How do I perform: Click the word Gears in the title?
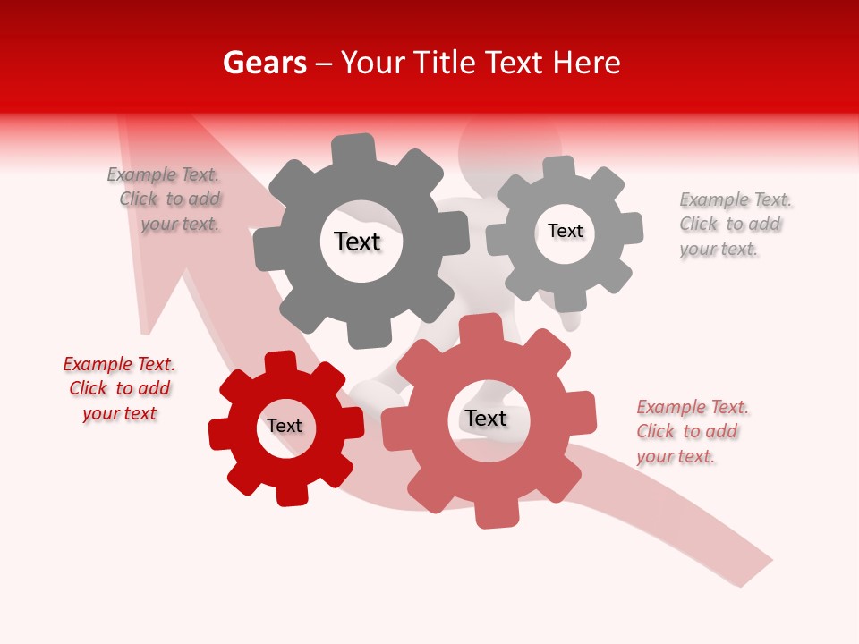[264, 63]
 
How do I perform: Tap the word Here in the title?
[586, 63]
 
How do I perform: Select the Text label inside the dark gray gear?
[357, 241]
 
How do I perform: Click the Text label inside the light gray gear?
[565, 231]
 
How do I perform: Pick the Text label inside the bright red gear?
[285, 426]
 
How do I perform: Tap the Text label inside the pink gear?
[485, 418]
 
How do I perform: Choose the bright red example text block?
[119, 388]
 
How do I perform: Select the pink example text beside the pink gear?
[691, 431]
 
